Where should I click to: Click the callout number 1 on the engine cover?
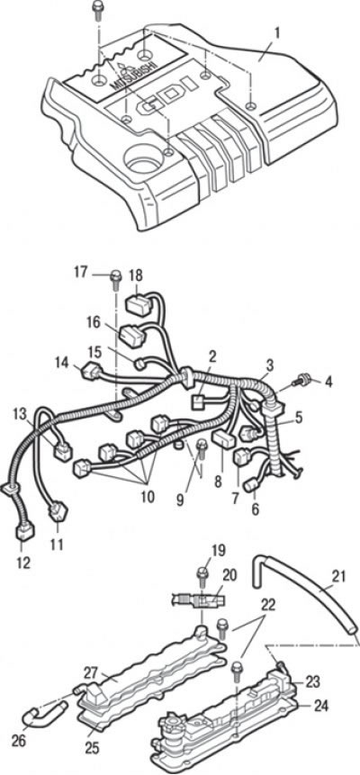click(x=277, y=34)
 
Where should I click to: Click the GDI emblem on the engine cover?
click(x=169, y=100)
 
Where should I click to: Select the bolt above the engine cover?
click(x=97, y=11)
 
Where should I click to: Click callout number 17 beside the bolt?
click(x=82, y=272)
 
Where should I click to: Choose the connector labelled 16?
click(x=132, y=337)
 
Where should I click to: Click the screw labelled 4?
click(x=300, y=382)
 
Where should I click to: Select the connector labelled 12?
click(x=23, y=531)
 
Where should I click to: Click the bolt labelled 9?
click(x=202, y=450)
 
